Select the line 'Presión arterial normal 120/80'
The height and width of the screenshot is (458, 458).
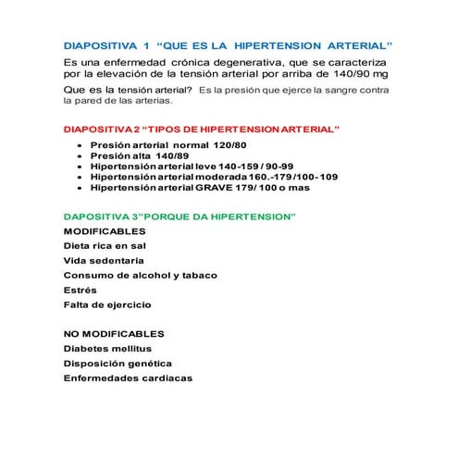pos(158,146)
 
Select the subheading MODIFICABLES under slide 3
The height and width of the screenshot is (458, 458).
pos(105,230)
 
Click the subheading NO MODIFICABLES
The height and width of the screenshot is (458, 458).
pos(114,333)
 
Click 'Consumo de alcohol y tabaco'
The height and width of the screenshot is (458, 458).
pos(134,275)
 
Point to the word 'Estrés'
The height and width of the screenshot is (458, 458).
pos(80,290)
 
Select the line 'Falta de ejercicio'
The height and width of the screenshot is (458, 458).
pos(107,304)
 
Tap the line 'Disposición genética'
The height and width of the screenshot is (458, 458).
pos(118,363)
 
